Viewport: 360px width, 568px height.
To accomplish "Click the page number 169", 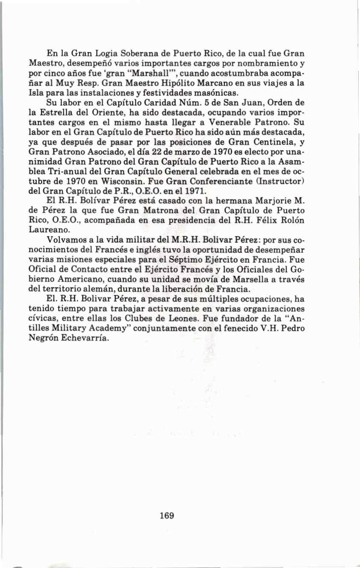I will point(167,515).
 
